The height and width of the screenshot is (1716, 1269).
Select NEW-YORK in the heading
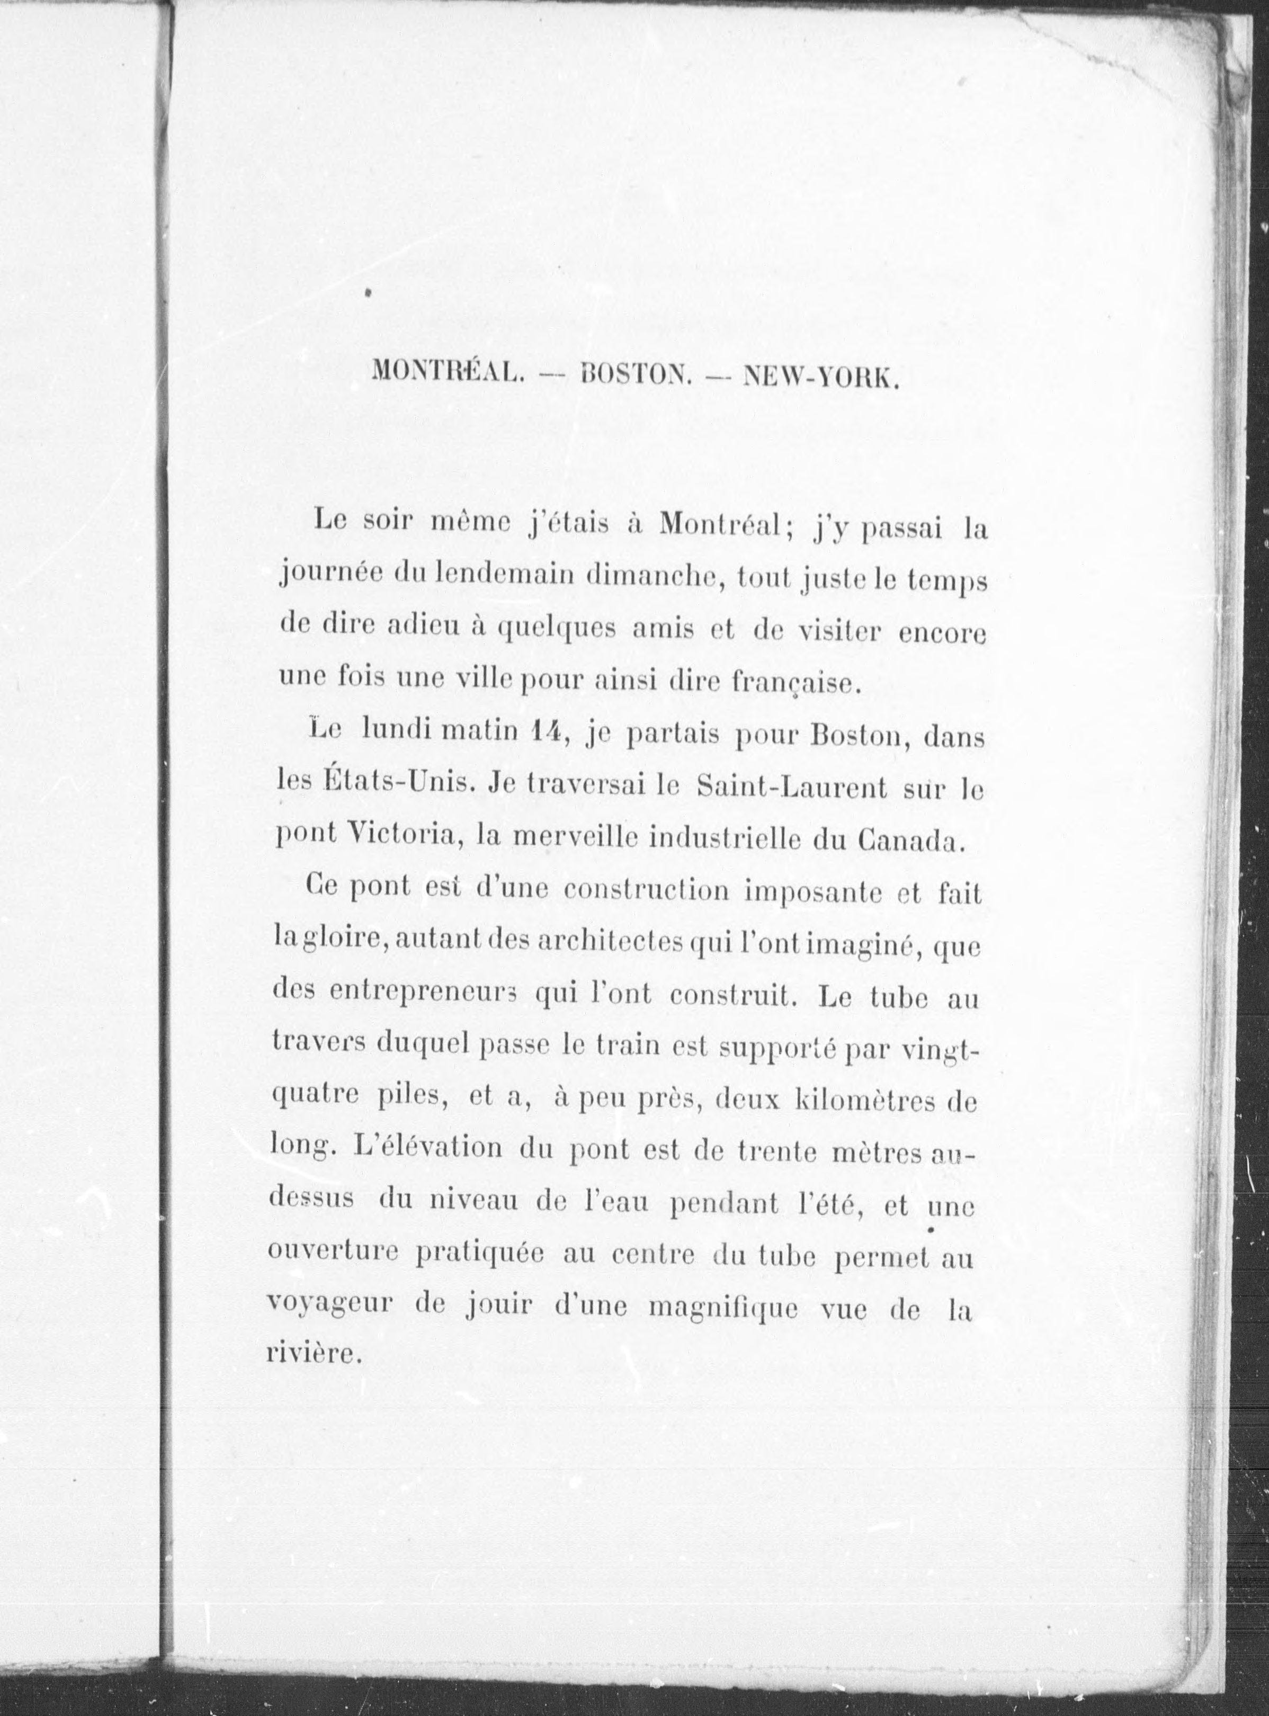pos(821,375)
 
